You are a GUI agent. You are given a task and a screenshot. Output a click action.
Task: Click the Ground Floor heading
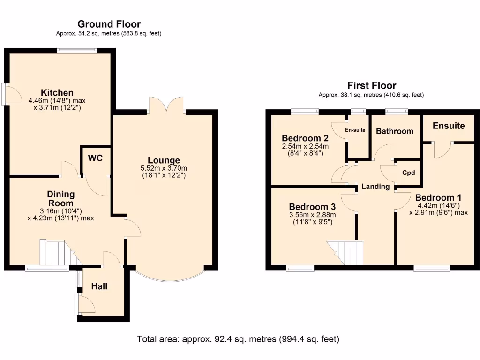[x=109, y=24]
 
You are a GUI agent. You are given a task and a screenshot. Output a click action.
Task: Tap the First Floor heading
[x=371, y=85]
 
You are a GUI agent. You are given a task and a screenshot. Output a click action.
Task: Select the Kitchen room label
[x=57, y=92]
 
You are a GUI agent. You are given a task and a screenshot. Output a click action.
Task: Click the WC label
[x=95, y=158]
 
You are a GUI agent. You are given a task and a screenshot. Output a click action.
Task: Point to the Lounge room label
[x=164, y=161]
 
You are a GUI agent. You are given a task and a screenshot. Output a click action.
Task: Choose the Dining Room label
[x=60, y=199]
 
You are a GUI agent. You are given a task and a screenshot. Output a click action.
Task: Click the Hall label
[x=99, y=286]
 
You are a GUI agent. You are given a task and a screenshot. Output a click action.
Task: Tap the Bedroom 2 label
[x=305, y=138]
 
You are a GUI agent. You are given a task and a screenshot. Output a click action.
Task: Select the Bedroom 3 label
[x=312, y=207]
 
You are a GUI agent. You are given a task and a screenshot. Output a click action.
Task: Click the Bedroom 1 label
[x=435, y=197]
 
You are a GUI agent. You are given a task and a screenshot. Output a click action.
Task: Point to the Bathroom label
[x=395, y=131]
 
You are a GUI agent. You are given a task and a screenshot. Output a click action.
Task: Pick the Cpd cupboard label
[x=409, y=172]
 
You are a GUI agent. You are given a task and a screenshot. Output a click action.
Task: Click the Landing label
[x=375, y=187]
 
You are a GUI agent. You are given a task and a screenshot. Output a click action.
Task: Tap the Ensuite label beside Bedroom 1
[x=449, y=126]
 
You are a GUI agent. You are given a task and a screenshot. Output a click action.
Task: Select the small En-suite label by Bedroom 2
[x=355, y=130]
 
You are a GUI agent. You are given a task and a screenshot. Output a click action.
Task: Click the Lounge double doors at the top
[x=166, y=105]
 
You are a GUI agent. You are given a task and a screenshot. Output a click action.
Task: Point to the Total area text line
[x=238, y=339]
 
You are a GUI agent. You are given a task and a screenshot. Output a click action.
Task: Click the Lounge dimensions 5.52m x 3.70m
[x=164, y=169]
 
